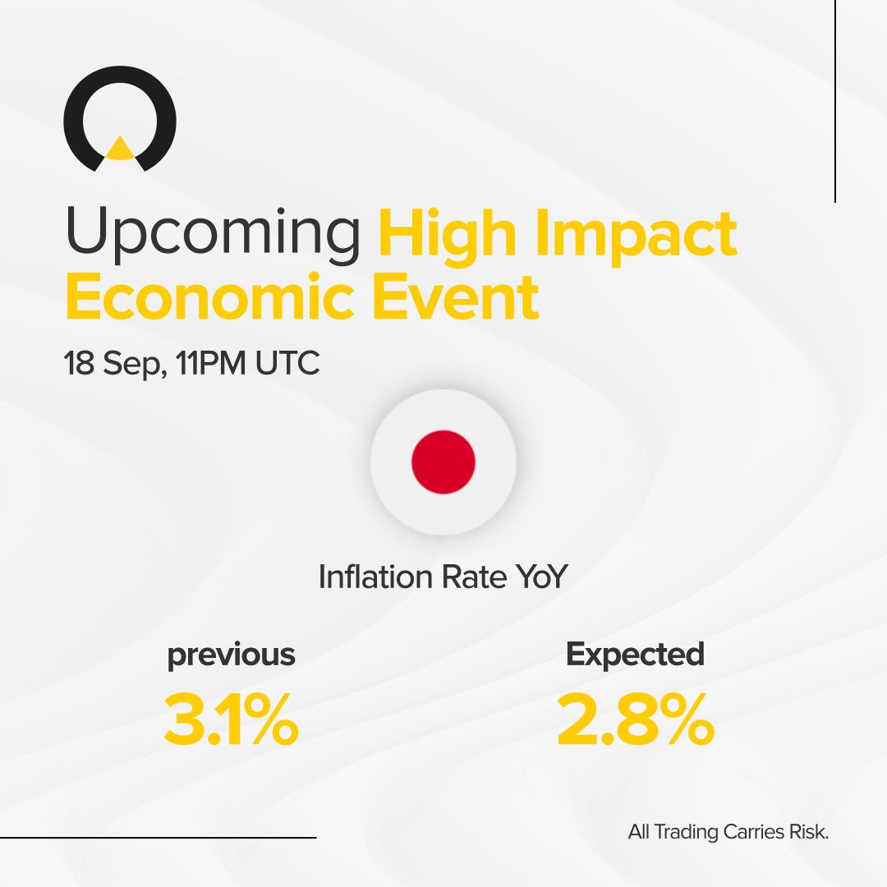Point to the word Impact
pos(639,235)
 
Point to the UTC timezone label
pos(287,363)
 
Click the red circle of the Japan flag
pos(443,462)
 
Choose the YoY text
pos(541,577)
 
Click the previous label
pos(231,655)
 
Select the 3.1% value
pos(231,720)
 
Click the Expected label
pos(635,654)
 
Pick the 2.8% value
pos(635,720)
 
